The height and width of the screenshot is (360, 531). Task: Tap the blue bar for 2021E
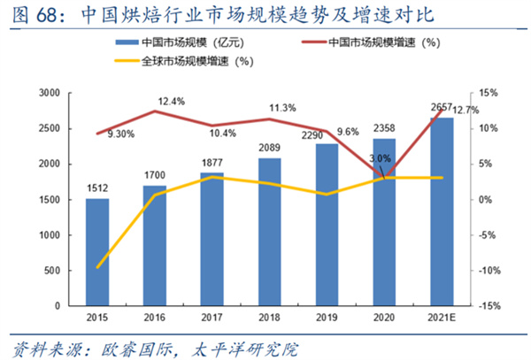click(x=442, y=212)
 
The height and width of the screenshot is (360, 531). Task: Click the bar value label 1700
click(x=155, y=177)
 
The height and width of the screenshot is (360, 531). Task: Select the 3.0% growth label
click(x=379, y=158)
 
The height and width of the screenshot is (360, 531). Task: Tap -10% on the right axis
click(x=491, y=271)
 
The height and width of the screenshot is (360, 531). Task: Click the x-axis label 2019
click(x=327, y=318)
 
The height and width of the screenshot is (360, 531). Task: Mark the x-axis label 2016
click(x=155, y=318)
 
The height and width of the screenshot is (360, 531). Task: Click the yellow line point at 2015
click(x=97, y=266)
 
